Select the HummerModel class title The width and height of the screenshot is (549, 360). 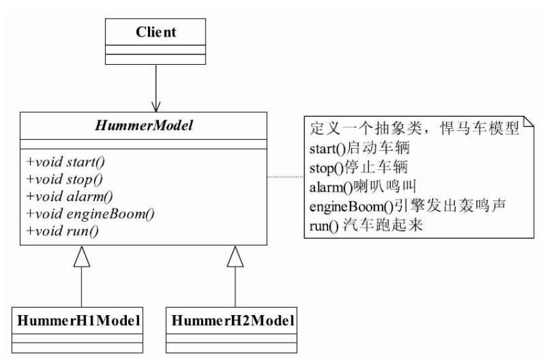click(143, 127)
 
